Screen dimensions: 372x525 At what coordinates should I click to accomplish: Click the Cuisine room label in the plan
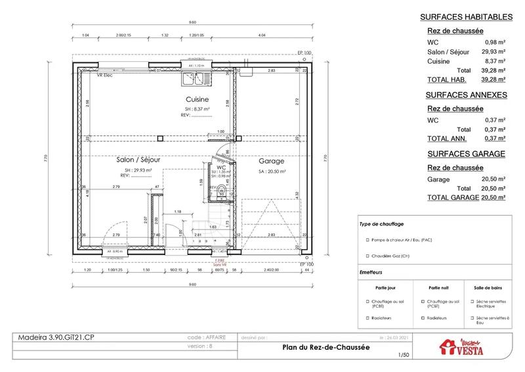point(197,100)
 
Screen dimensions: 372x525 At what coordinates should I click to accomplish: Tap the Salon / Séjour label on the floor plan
point(139,160)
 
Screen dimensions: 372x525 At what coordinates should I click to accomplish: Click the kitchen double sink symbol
point(197,79)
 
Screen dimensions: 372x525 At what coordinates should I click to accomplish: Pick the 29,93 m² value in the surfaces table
point(494,52)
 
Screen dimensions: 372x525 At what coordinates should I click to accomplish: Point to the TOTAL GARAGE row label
point(453,197)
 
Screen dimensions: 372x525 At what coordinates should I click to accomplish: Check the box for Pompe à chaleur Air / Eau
point(364,239)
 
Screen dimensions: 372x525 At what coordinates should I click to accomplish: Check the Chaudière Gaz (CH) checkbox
point(364,256)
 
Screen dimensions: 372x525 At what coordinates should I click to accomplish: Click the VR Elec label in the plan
point(106,76)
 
